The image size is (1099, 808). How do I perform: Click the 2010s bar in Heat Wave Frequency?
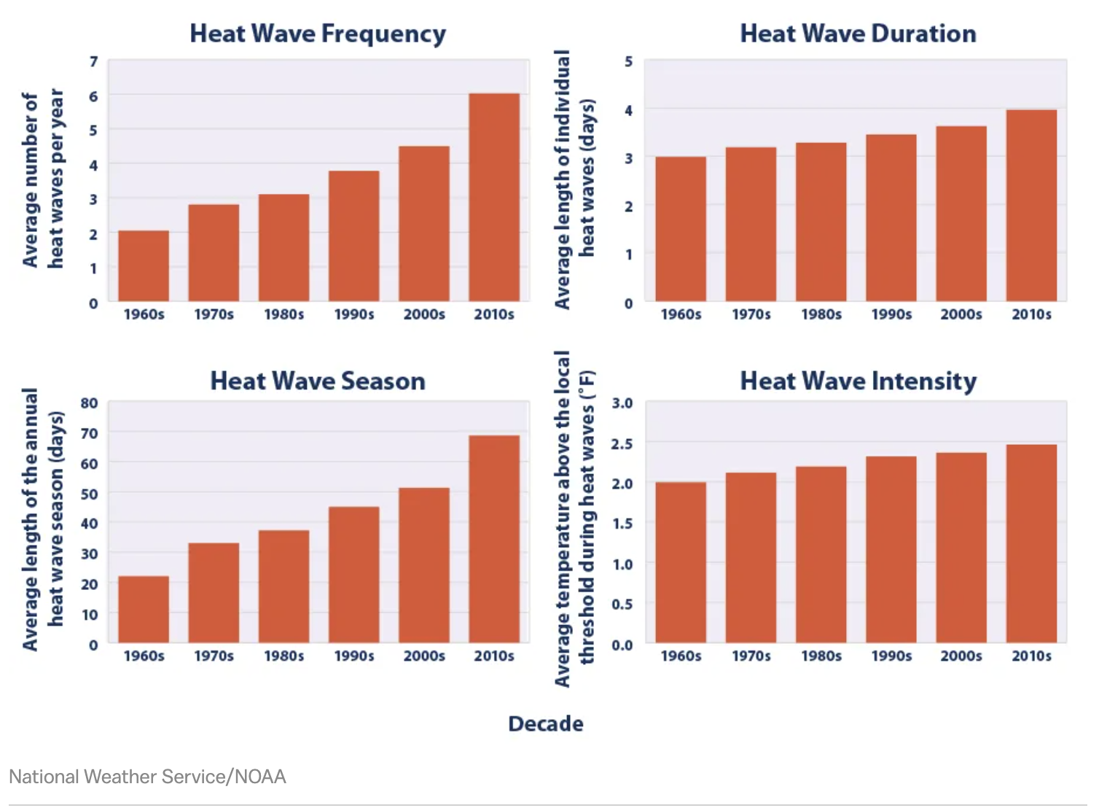click(494, 197)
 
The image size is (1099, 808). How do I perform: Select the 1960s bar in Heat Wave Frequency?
click(144, 265)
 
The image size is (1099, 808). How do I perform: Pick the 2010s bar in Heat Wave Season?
click(494, 539)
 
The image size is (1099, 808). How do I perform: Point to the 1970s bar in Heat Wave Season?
click(214, 592)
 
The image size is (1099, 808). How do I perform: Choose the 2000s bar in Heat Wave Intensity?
click(961, 547)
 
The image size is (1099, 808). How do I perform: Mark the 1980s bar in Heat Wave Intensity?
click(821, 554)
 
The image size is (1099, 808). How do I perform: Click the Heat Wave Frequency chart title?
click(318, 34)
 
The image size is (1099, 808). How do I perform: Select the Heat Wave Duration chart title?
click(858, 34)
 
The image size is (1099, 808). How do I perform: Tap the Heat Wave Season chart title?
click(318, 381)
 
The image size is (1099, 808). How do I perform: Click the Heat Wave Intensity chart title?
click(858, 381)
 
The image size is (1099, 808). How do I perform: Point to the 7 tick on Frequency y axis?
click(93, 62)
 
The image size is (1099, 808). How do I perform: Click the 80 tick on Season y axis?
click(90, 403)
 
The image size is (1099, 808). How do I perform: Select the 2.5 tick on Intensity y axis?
click(622, 443)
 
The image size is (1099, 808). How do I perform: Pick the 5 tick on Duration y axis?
click(628, 62)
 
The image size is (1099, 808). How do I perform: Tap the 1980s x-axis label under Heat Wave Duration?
click(821, 314)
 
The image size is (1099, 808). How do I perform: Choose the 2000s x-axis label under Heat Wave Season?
click(424, 656)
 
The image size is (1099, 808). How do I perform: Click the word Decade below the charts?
click(546, 723)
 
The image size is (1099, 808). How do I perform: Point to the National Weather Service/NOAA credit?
click(147, 777)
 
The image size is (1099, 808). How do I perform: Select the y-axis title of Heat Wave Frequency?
click(43, 179)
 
